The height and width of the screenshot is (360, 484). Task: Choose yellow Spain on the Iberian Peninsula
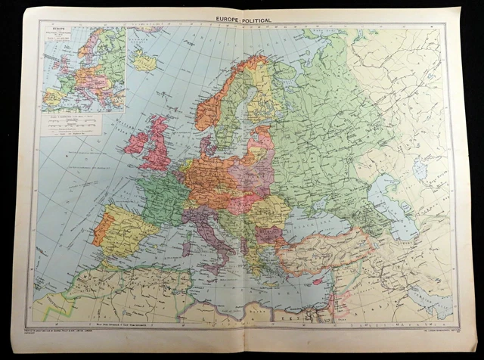(125, 227)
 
